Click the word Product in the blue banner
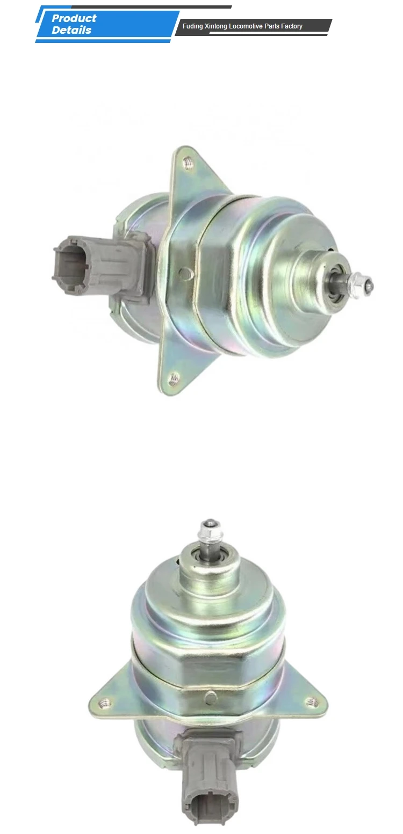[74, 18]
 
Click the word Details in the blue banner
[71, 30]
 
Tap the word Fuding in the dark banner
[192, 26]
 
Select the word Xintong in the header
[217, 26]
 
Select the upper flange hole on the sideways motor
[188, 160]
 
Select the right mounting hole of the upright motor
[310, 701]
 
